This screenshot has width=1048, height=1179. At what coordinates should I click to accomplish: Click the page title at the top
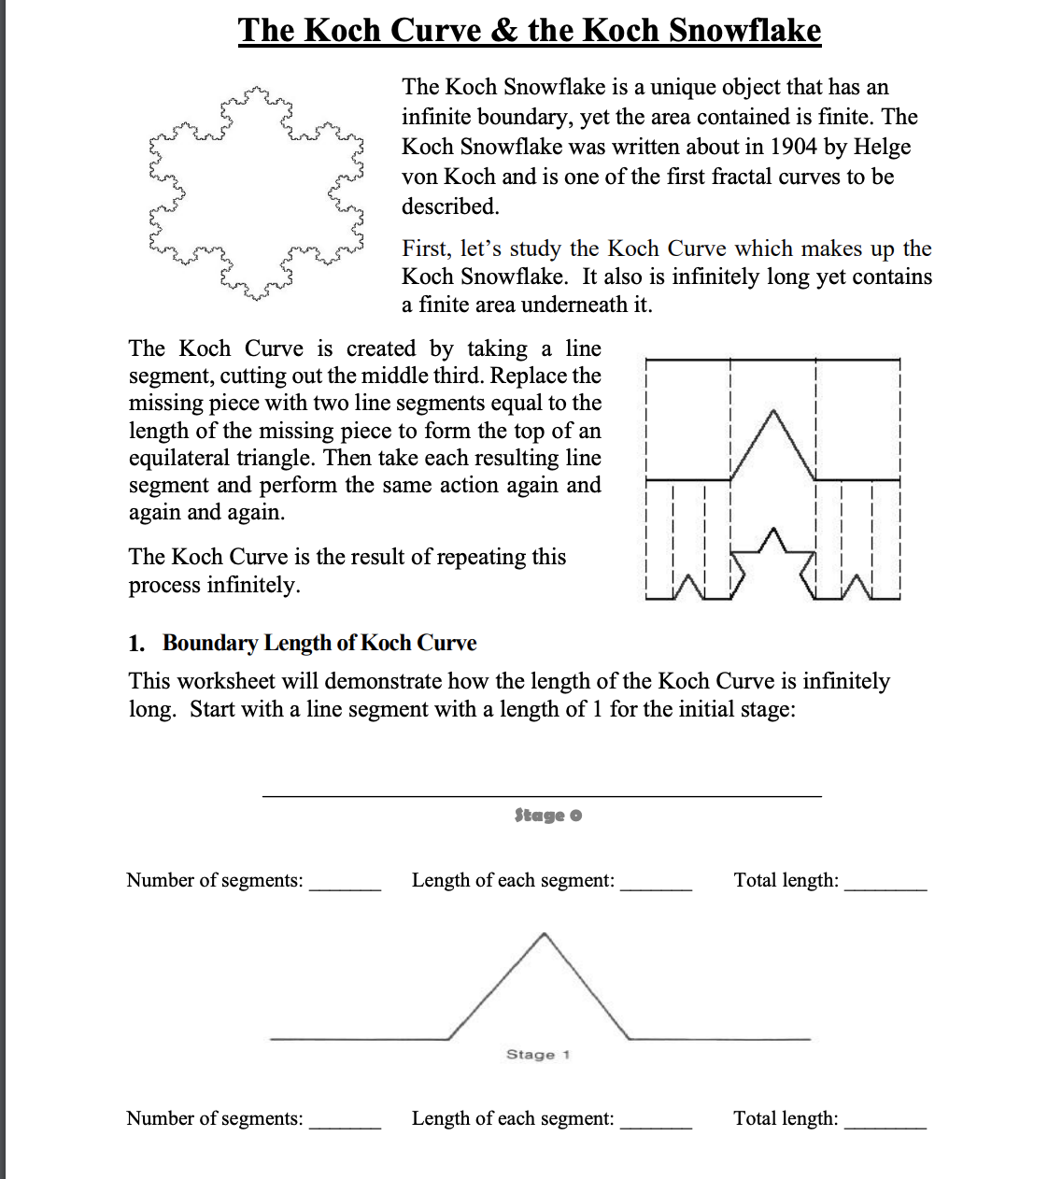pyautogui.click(x=529, y=30)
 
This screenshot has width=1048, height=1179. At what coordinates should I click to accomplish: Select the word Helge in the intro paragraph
pyautogui.click(x=882, y=147)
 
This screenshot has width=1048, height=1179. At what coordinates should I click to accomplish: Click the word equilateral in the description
pyautogui.click(x=184, y=458)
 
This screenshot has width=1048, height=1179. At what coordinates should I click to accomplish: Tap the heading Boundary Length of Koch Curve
pyautogui.click(x=319, y=643)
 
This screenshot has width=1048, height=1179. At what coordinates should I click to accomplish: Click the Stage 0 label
pyautogui.click(x=547, y=816)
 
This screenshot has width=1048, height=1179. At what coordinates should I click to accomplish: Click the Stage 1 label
pyautogui.click(x=538, y=1055)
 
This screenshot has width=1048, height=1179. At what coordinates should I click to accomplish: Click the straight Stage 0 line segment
pyautogui.click(x=542, y=796)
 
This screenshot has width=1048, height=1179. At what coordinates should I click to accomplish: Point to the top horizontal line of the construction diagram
pyautogui.click(x=772, y=359)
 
